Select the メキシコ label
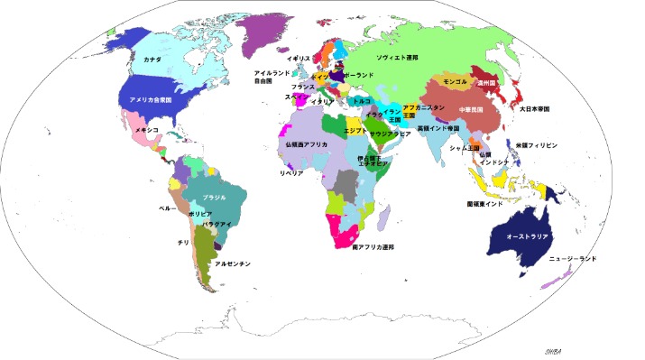click(x=147, y=130)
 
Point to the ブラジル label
click(x=214, y=197)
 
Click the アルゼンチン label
click(x=233, y=263)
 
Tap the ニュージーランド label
click(x=573, y=259)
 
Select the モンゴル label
click(x=455, y=82)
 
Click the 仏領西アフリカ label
click(x=306, y=144)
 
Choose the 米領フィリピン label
click(x=537, y=144)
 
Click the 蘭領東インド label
click(x=485, y=204)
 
